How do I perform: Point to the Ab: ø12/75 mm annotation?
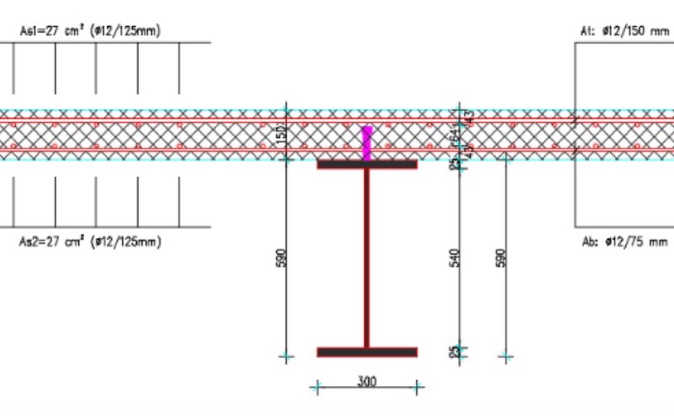624,242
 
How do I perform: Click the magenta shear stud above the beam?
366,142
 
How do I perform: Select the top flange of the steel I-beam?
366,164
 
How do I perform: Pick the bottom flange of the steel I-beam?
366,352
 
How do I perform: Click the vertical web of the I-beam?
366,258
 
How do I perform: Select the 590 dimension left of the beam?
281,258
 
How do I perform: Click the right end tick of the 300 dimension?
417,388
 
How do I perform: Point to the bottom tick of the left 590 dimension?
287,358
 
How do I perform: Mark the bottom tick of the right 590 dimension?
505,358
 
